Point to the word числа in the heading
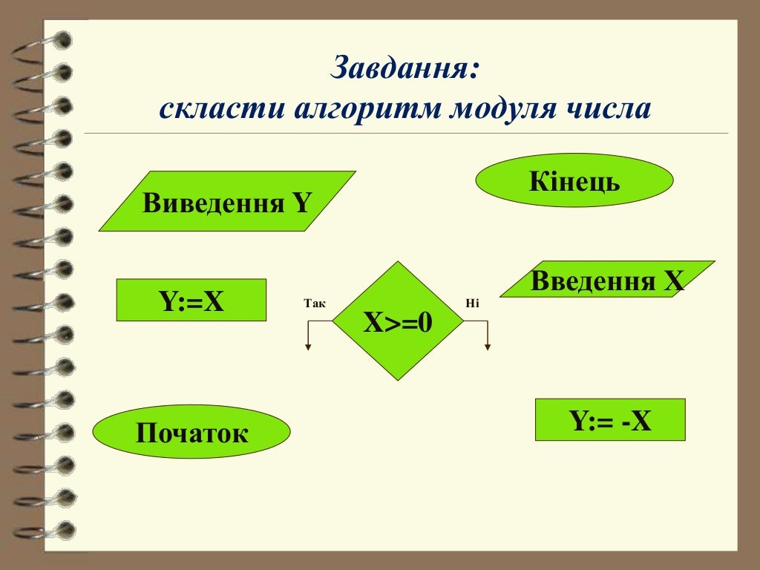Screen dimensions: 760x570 612,110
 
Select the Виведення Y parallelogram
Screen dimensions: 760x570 227,202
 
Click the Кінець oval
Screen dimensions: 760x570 574,180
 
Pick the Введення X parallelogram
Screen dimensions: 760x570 607,280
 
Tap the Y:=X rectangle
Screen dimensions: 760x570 191,300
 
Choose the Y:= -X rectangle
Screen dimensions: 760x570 610,420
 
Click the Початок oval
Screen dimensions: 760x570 191,431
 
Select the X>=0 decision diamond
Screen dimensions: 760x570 398,321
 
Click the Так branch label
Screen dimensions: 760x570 315,304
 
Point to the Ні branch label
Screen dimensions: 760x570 473,304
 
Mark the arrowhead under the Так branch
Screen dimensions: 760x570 308,346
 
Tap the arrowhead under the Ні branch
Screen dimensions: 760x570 488,346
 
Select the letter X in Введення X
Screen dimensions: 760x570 674,281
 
